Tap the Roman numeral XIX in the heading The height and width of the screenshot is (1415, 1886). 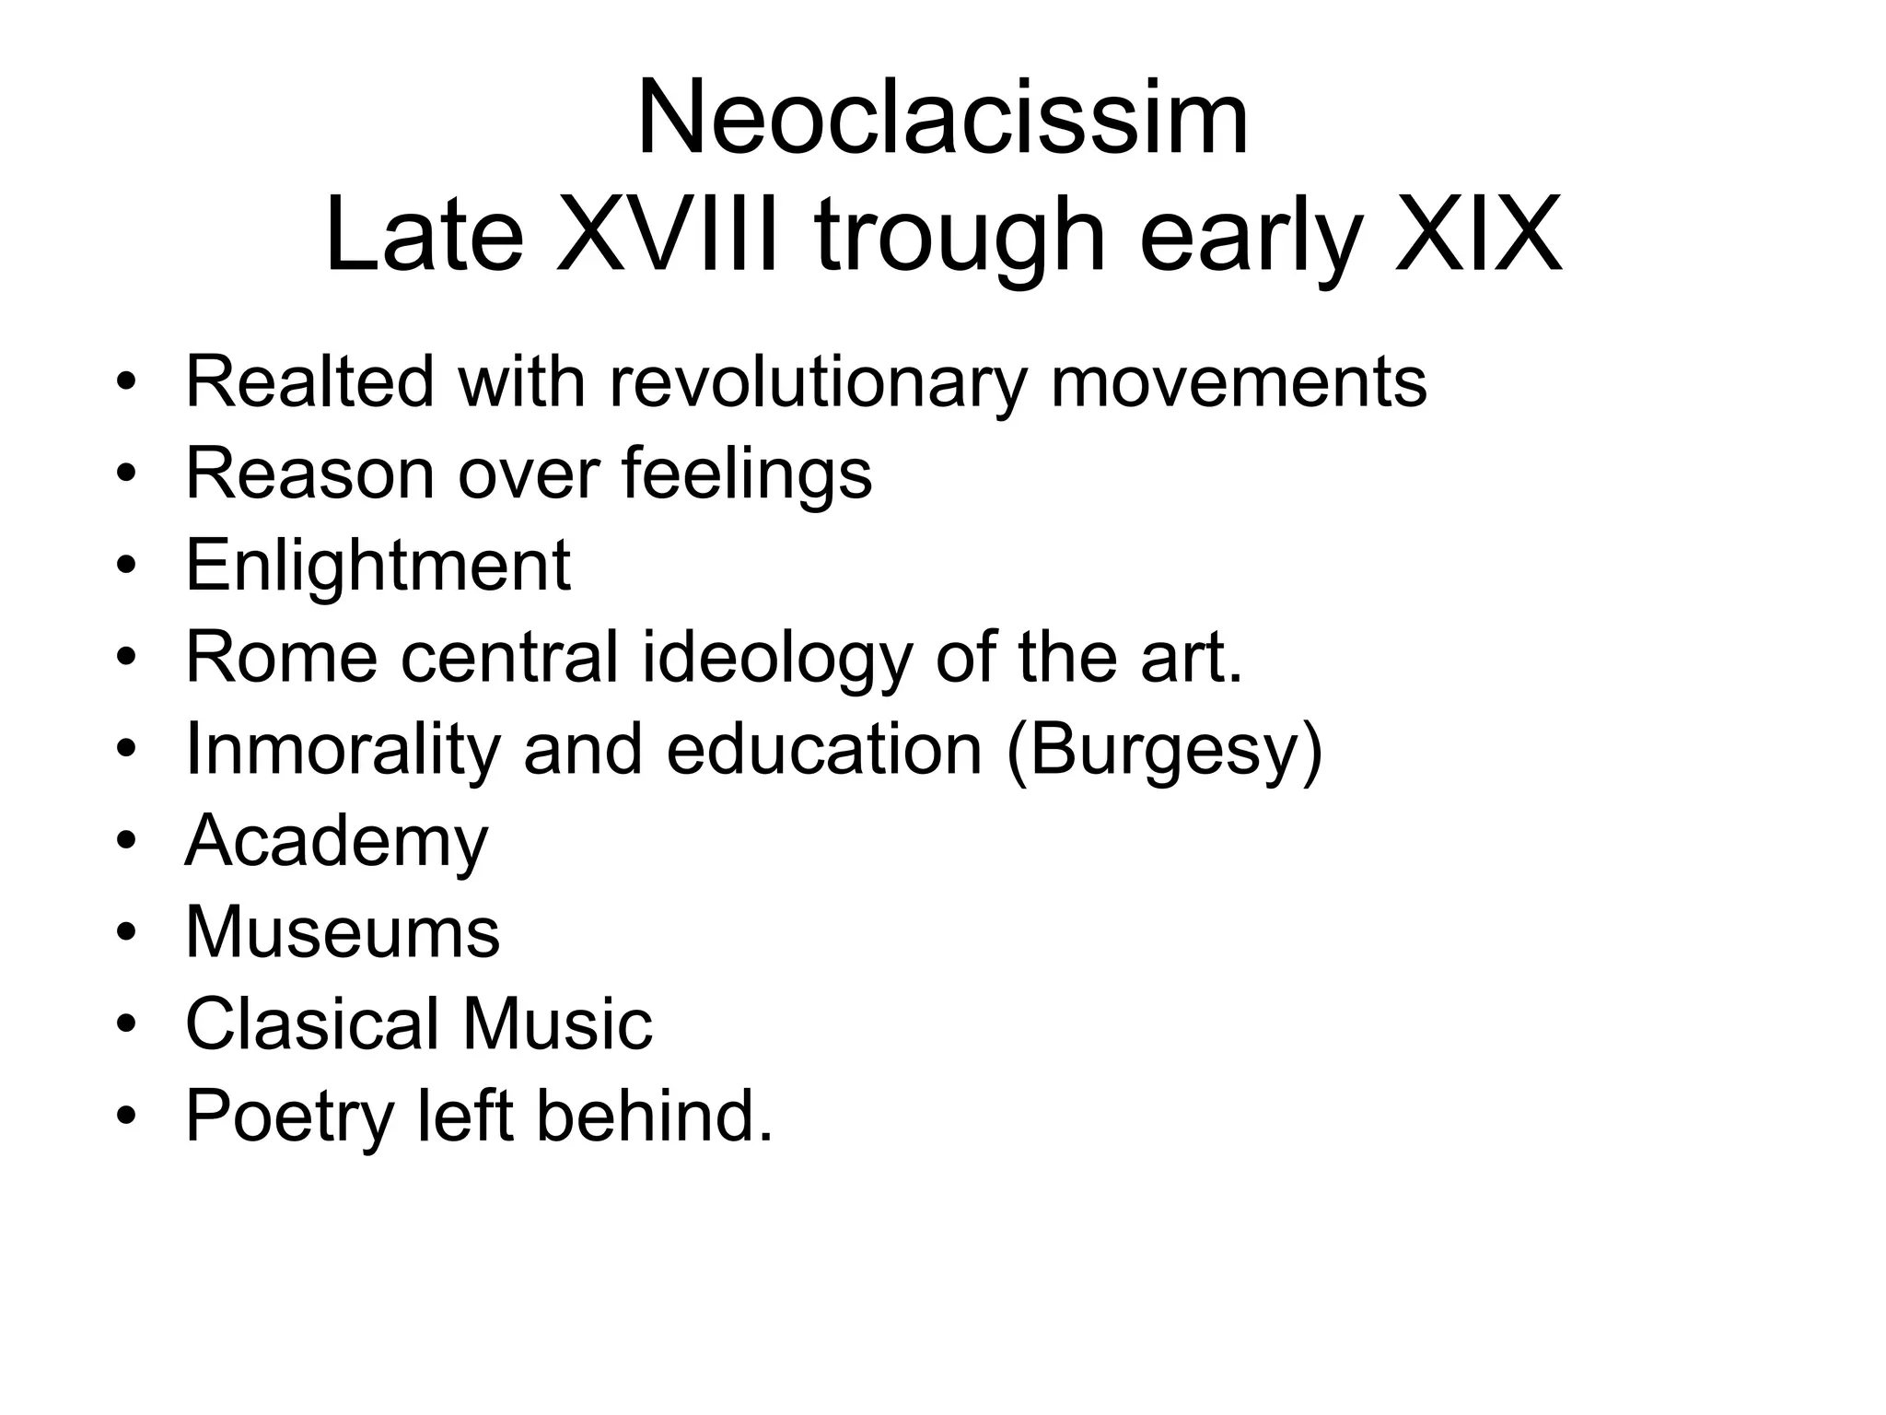pyautogui.click(x=1479, y=234)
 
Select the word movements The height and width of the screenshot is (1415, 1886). pyautogui.click(x=1239, y=382)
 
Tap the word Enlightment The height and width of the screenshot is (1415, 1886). pyautogui.click(x=378, y=566)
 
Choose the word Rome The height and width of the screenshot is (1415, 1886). pyautogui.click(x=282, y=657)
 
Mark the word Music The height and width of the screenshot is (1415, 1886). pyautogui.click(x=557, y=1023)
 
